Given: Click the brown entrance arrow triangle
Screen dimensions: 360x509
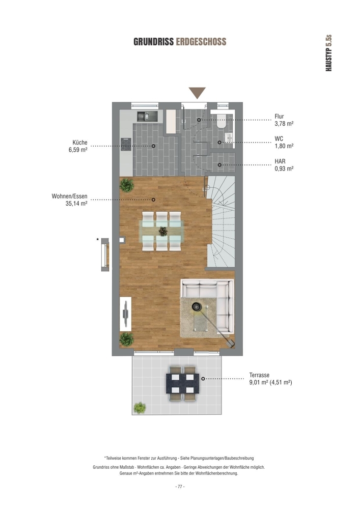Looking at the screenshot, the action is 198,93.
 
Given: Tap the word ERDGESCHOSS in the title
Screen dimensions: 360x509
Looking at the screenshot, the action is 201,42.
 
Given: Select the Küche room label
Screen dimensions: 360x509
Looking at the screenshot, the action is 80,143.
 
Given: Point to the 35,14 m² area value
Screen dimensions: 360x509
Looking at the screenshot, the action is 76,204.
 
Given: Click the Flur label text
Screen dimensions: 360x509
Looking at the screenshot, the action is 279,116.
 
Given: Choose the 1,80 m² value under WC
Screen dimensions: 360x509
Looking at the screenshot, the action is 284,146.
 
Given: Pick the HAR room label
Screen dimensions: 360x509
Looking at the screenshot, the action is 280,161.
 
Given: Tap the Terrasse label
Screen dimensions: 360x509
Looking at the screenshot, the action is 259,375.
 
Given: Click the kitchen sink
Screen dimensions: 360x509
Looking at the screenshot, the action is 147,116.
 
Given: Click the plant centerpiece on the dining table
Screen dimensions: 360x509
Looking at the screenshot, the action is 162,231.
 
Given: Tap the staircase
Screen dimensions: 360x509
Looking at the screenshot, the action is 221,222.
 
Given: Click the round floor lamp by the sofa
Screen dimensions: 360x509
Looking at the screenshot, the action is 197,306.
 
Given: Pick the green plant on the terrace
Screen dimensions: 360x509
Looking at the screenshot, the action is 140,408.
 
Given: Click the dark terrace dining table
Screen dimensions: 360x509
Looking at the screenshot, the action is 182,384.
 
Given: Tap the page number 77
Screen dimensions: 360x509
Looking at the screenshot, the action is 180,487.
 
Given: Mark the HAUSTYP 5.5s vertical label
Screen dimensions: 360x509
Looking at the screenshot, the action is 328,53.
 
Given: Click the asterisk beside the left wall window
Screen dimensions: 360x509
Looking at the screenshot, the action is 97,240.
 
